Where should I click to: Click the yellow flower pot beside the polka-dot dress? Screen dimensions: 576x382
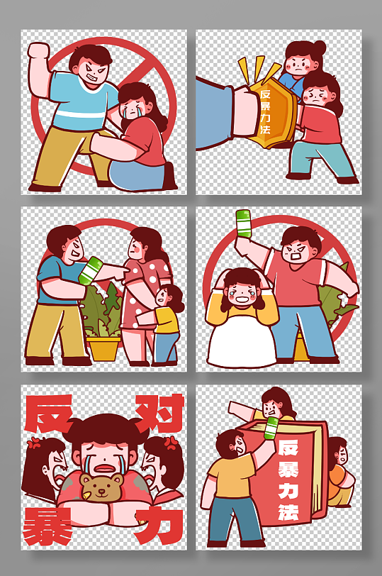(103, 348)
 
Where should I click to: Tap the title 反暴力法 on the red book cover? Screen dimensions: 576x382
(288, 479)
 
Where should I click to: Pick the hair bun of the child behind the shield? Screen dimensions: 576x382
(319, 48)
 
